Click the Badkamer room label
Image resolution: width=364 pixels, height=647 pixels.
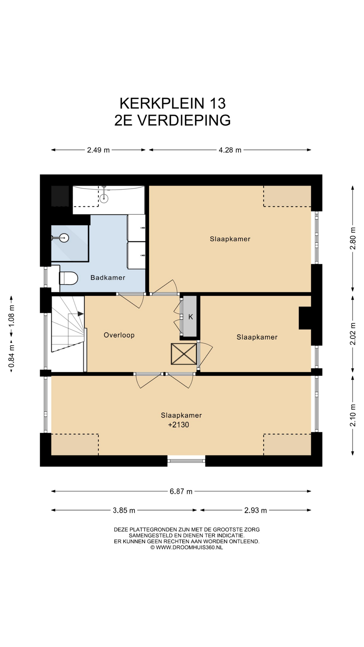coord(108,278)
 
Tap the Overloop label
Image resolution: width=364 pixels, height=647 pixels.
coord(119,335)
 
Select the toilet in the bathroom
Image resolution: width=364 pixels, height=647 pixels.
coord(68,278)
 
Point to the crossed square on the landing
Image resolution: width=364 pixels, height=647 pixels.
coord(184,354)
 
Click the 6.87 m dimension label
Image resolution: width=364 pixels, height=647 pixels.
coord(181,491)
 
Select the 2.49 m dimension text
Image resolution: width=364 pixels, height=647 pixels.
coord(98,150)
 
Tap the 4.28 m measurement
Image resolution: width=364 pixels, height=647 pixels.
coord(230,150)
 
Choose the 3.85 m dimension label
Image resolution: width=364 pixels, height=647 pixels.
coord(124,510)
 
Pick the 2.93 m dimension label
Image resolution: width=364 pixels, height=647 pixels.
coord(255,510)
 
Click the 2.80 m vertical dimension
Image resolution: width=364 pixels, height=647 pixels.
coord(353,238)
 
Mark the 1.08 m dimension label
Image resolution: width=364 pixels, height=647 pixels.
coord(11,315)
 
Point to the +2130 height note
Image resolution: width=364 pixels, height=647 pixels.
coord(179,425)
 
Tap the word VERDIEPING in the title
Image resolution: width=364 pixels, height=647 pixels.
coord(184,120)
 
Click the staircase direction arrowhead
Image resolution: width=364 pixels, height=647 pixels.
coord(81,314)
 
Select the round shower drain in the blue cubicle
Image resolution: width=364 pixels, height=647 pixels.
coord(64,238)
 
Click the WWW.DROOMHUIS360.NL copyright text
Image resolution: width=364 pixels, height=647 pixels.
coord(187,548)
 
